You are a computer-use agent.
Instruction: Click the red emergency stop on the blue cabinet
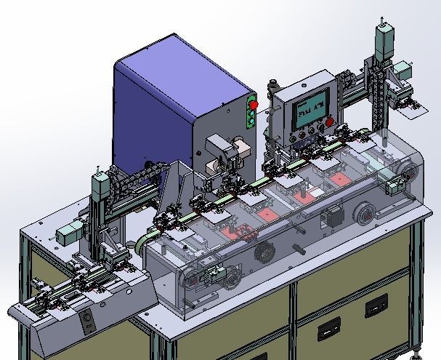pos(254,105)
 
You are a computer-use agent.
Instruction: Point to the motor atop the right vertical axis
pos(384,37)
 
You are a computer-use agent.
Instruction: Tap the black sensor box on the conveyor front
pos(334,217)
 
